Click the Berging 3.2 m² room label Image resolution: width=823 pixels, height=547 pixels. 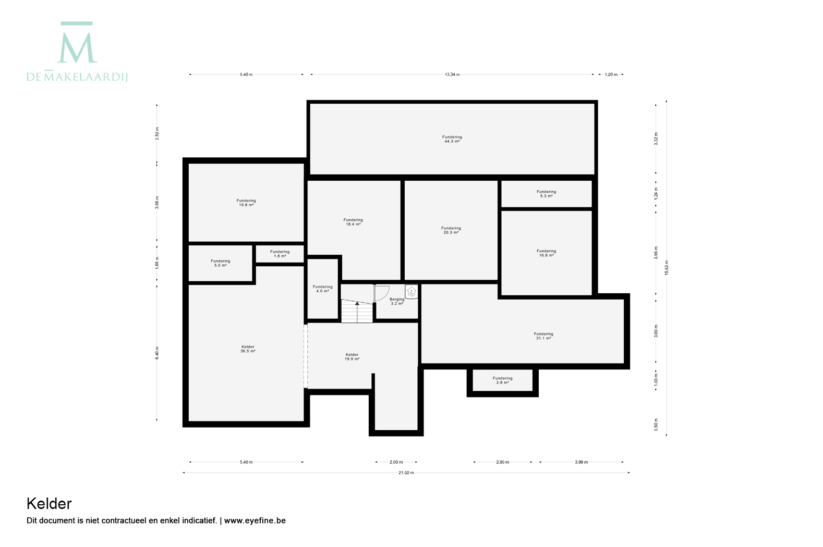397,302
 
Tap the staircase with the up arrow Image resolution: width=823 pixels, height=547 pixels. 357,312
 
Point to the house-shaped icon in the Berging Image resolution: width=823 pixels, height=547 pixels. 412,292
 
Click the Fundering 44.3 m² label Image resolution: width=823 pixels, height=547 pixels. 452,139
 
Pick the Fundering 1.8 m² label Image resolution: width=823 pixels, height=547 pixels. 280,254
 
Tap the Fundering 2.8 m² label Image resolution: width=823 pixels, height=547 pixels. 502,380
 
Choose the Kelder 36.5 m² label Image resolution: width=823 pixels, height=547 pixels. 248,349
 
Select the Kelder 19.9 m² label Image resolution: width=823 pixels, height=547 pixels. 352,357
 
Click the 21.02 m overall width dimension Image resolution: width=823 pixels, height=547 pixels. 406,473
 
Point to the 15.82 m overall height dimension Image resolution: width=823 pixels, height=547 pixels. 667,268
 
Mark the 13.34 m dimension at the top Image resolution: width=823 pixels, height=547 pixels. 452,74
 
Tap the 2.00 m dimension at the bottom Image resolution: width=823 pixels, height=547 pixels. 396,462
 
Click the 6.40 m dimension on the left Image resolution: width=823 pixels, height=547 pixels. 157,353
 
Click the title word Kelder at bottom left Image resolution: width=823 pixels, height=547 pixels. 49,504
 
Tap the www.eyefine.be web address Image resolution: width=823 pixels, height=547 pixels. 255,520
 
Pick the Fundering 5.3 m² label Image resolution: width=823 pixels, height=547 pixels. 546,194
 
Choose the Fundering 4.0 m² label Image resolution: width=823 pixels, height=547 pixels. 322,289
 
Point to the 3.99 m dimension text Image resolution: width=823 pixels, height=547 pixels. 581,462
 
